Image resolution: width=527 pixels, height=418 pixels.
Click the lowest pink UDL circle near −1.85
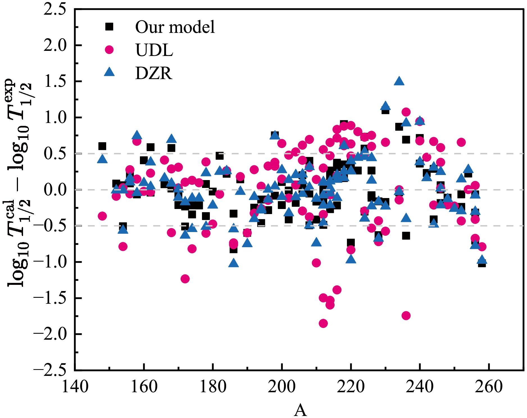click(323, 323)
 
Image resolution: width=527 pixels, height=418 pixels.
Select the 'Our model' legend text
click(175, 27)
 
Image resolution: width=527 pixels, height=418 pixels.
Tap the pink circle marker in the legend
click(109, 50)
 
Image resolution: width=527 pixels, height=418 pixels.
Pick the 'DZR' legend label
click(154, 73)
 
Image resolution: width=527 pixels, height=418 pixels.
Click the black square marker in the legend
click(109, 27)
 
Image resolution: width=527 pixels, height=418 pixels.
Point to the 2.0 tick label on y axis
click(55, 46)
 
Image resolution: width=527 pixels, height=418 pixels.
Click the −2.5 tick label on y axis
click(50, 370)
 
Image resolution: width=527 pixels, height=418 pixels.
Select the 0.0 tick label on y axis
click(55, 190)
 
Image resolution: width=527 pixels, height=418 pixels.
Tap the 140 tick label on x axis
click(75, 387)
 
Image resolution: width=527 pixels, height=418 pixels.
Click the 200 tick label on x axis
click(281, 387)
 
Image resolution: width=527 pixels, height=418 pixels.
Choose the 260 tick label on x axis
click(489, 387)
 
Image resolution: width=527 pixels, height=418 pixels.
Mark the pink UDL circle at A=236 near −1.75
click(406, 315)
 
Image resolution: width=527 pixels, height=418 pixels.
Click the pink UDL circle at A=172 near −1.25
click(185, 279)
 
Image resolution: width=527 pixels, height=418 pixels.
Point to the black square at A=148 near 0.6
click(102, 146)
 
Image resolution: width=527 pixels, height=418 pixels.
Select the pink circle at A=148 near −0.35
click(102, 216)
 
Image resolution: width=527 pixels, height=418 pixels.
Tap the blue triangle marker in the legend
click(109, 72)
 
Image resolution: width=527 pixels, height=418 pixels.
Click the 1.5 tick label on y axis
click(55, 81)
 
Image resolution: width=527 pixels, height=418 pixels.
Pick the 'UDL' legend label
click(154, 50)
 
